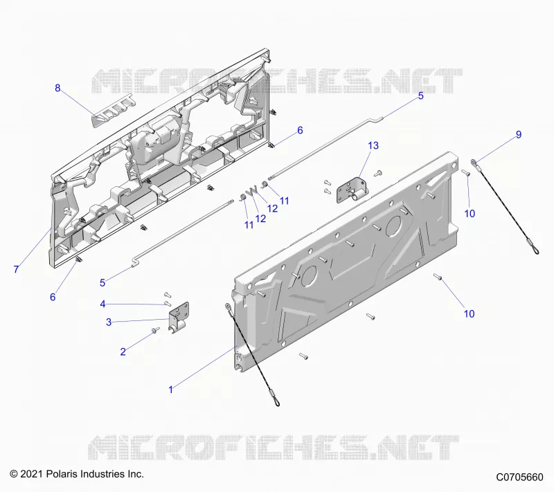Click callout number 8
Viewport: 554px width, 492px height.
(x=57, y=88)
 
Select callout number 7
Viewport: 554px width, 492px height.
(x=16, y=269)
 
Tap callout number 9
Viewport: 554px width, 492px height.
(x=519, y=134)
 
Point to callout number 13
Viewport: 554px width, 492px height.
(x=373, y=145)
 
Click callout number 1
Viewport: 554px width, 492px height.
(x=171, y=390)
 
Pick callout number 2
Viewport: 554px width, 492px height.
(x=123, y=352)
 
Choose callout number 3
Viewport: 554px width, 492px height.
(x=109, y=322)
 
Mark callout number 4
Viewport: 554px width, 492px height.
(x=102, y=304)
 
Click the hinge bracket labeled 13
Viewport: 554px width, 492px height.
(x=352, y=190)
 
